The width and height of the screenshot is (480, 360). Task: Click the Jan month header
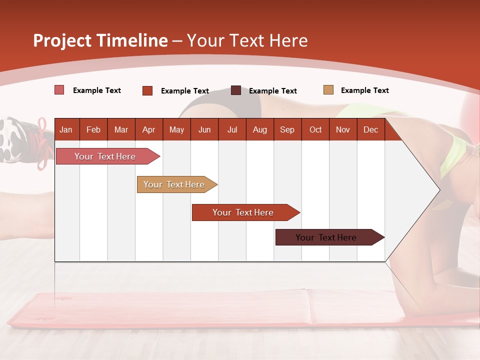pyautogui.click(x=66, y=129)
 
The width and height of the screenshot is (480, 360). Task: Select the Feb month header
pyautogui.click(x=93, y=129)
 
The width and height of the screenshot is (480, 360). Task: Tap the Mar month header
pyautogui.click(x=121, y=129)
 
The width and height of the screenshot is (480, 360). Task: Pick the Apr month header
pyautogui.click(x=148, y=129)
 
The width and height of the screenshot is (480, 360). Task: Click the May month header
pyautogui.click(x=176, y=129)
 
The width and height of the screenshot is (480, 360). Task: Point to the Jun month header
pyautogui.click(x=204, y=129)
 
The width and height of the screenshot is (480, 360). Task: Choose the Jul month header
pyautogui.click(x=232, y=129)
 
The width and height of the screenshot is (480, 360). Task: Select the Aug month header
pyautogui.click(x=259, y=129)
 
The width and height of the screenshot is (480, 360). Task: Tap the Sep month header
pyautogui.click(x=287, y=129)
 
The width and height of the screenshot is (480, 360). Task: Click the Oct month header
pyautogui.click(x=315, y=129)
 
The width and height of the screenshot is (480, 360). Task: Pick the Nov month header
pyautogui.click(x=343, y=129)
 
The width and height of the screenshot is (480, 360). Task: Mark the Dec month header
pyautogui.click(x=370, y=129)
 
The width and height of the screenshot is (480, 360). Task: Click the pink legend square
pyautogui.click(x=59, y=90)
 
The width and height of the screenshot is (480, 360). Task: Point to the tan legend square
pyautogui.click(x=328, y=90)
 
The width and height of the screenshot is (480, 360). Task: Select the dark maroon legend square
pyautogui.click(x=236, y=90)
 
